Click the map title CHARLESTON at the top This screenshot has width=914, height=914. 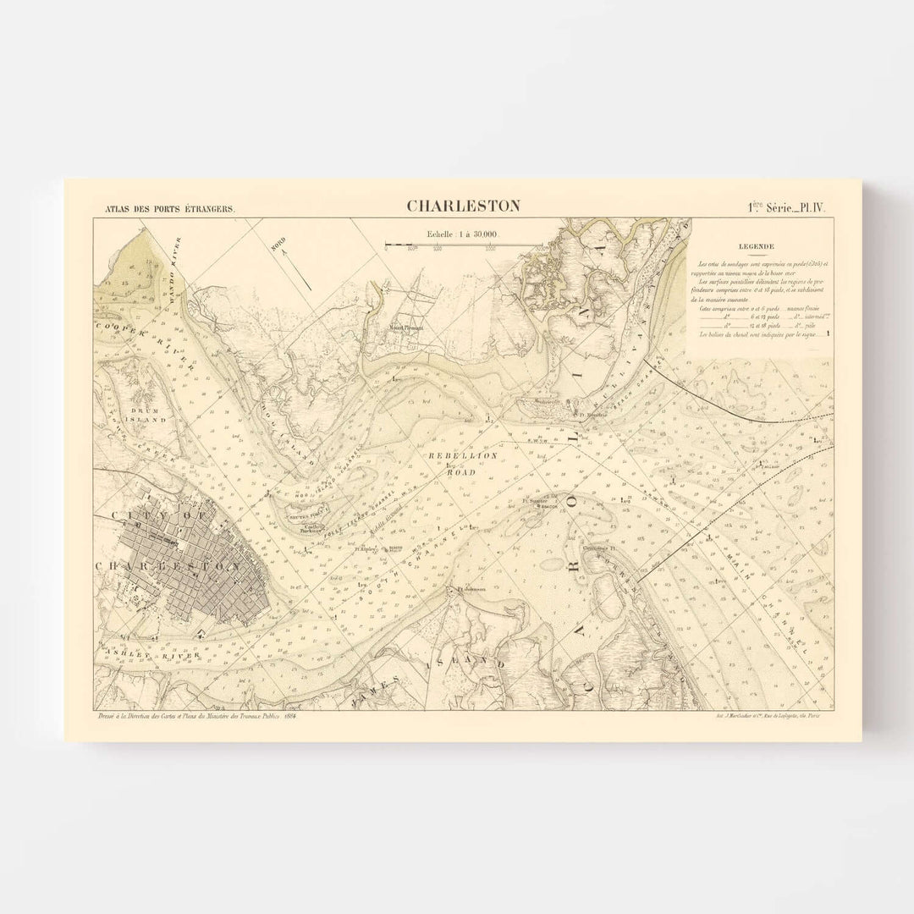[463, 206]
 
